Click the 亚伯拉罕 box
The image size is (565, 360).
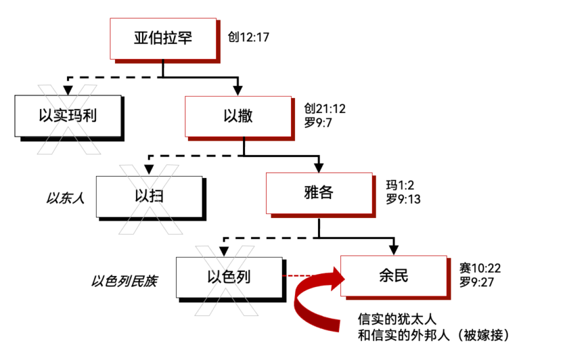click(163, 38)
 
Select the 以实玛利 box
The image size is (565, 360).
click(68, 116)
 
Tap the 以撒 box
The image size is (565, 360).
click(238, 116)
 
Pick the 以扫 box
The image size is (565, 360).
click(150, 196)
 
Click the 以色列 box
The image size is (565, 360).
click(229, 277)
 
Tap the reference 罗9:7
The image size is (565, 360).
click(319, 122)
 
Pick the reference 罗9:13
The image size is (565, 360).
click(403, 199)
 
